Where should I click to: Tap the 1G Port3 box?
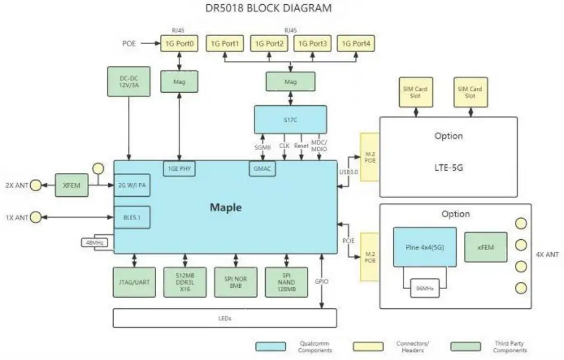pos(312,43)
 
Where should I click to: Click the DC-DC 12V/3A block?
pos(129,82)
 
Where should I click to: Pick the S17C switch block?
pos(290,120)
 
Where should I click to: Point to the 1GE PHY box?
pos(179,169)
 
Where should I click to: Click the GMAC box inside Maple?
pos(261,169)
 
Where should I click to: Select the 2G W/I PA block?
pos(132,186)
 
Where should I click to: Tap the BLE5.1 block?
pos(132,217)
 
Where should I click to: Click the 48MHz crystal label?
pos(95,243)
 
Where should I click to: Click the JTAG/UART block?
pos(134,282)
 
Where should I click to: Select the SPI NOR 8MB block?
pos(236,282)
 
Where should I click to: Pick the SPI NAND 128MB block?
pos(287,282)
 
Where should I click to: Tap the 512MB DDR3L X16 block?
pos(185,282)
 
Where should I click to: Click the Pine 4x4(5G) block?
pos(424,247)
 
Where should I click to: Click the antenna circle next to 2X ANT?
pos(36,185)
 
